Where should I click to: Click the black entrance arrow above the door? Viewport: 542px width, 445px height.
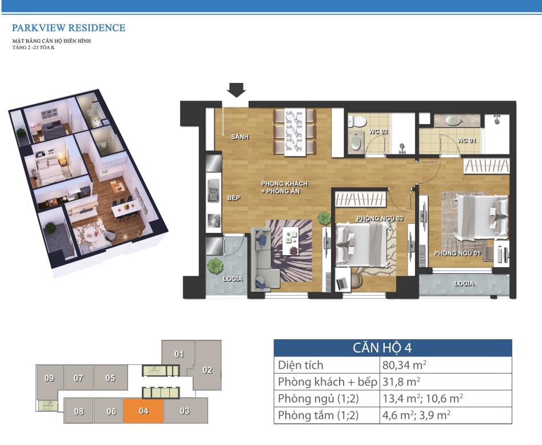tap(237, 90)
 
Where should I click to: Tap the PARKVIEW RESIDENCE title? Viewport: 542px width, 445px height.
tap(69, 27)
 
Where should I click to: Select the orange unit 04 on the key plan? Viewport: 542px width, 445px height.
tap(143, 411)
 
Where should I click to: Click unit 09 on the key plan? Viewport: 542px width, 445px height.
tap(49, 378)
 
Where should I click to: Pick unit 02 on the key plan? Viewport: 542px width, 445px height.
tap(208, 369)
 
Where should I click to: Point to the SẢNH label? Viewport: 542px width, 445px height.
tap(240, 137)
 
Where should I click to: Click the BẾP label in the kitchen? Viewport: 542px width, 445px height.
tap(234, 198)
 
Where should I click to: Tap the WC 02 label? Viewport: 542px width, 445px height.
tap(378, 132)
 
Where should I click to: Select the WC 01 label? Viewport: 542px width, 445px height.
tap(467, 140)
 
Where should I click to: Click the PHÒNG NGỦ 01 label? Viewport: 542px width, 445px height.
tap(457, 253)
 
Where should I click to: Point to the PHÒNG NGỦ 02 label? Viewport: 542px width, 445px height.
tap(380, 218)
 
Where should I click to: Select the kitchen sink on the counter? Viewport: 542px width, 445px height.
tap(214, 190)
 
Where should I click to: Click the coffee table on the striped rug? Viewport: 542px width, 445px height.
tap(290, 241)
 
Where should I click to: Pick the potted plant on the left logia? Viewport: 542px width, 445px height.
tap(215, 266)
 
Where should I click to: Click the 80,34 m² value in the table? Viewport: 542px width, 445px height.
tap(404, 365)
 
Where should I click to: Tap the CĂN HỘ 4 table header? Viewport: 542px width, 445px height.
tap(382, 348)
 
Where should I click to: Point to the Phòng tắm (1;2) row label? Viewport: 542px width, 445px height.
tap(318, 415)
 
